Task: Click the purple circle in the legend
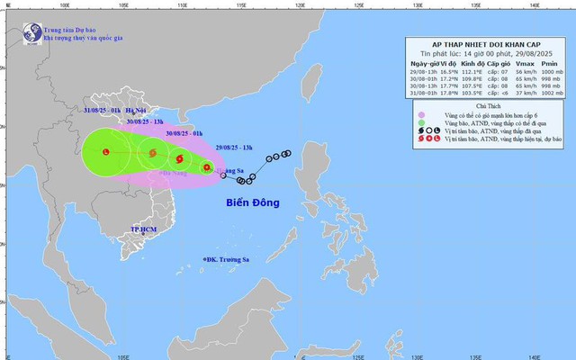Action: [420, 115]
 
